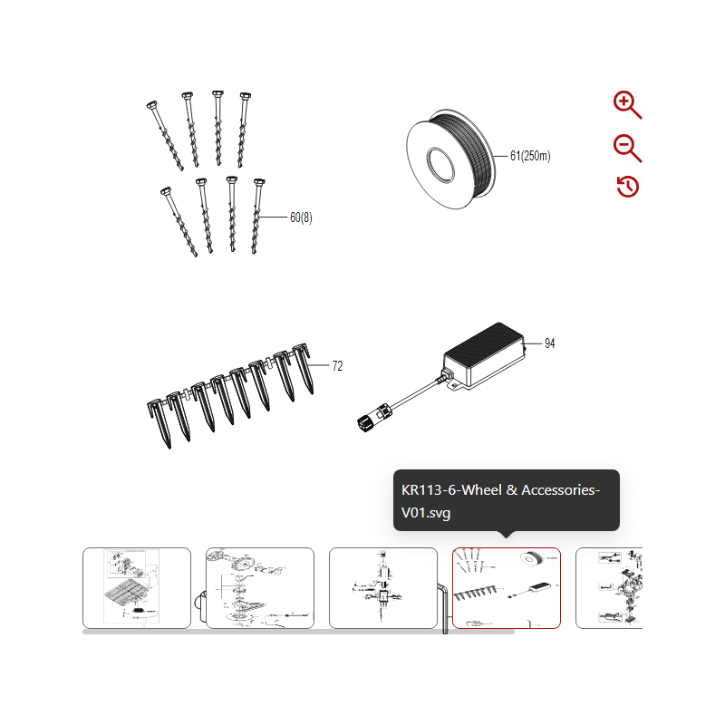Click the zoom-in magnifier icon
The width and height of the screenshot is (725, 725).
(627, 104)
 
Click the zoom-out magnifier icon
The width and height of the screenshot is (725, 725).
(627, 148)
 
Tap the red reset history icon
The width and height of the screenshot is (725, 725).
(628, 187)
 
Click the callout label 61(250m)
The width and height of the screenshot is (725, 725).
(530, 156)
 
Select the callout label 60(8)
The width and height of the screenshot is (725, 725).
(301, 217)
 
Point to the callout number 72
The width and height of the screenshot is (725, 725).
(337, 366)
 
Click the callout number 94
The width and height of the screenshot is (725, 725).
(550, 343)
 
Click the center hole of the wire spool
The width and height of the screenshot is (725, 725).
(440, 165)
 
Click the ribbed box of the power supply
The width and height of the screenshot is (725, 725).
(484, 353)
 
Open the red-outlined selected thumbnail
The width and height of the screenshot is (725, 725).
(507, 587)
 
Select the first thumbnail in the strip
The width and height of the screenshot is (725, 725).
(137, 587)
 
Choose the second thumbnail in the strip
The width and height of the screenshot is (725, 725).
(260, 587)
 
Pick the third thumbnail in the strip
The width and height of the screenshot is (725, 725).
(383, 587)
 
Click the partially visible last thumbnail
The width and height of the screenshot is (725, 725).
(609, 587)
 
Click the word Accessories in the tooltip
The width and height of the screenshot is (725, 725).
(559, 489)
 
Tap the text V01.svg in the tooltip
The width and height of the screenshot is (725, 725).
(426, 513)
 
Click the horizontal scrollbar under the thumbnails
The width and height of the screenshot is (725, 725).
(298, 632)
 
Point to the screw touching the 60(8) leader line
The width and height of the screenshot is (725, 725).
(256, 217)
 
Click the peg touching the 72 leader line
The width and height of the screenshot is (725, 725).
(304, 368)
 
